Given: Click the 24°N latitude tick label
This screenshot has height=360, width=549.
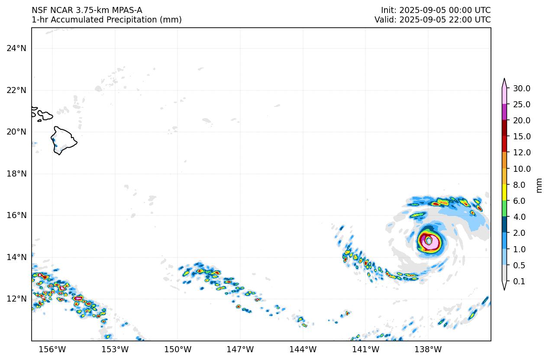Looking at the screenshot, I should click(16, 48).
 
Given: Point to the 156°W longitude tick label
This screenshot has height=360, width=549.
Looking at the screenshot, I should click(52, 350).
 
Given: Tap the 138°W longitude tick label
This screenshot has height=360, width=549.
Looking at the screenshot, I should click(428, 350).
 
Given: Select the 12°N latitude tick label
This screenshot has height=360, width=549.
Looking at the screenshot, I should click(16, 299).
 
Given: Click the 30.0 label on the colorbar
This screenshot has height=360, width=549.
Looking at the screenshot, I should click(521, 89).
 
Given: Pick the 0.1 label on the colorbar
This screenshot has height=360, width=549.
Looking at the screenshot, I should click(519, 282).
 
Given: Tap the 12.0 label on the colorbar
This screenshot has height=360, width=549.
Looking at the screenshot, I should click(521, 153).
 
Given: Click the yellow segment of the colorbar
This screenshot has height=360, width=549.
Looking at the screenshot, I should click(504, 193).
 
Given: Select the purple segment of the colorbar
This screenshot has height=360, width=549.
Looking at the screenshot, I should click(504, 112).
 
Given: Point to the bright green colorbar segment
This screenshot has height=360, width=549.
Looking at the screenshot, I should click(504, 209).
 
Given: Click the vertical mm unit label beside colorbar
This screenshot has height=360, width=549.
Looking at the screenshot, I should click(539, 185).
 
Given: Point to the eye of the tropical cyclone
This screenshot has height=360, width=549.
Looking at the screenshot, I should click(429, 240).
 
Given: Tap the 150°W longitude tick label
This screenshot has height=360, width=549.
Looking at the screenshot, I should click(178, 350).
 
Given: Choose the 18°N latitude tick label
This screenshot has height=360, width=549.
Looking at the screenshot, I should click(16, 174).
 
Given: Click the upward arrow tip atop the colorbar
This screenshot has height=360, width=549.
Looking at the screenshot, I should click(504, 80).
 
